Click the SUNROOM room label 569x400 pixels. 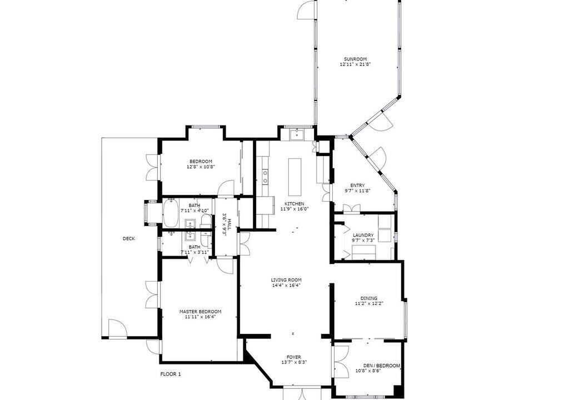[355, 59]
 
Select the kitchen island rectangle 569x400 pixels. [295, 177]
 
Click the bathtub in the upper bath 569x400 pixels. [170, 213]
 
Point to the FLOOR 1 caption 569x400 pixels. [171, 374]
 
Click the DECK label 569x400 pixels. [129, 238]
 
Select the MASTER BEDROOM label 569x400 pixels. [200, 312]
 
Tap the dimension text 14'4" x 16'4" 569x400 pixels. [287, 286]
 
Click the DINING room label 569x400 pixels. [369, 298]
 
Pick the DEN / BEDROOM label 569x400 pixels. [382, 366]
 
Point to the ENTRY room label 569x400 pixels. [357, 186]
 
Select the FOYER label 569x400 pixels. [293, 357]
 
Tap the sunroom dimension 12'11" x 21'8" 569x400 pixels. [355, 64]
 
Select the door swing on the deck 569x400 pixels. [117, 329]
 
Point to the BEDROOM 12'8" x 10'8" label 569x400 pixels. [201, 164]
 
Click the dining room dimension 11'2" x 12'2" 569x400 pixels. [369, 303]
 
